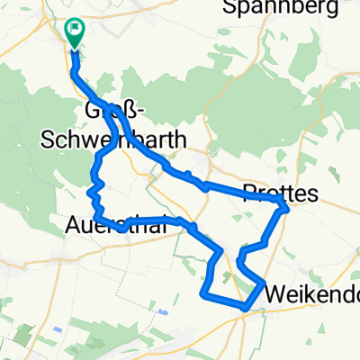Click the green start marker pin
(x=74, y=32)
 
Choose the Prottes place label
(x=280, y=192)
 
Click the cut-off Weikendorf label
(x=311, y=293)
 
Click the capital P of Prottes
(x=249, y=192)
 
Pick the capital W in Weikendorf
(x=274, y=293)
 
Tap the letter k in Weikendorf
(x=307, y=293)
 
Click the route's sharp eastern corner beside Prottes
(x=287, y=209)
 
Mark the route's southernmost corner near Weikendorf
(x=244, y=308)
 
